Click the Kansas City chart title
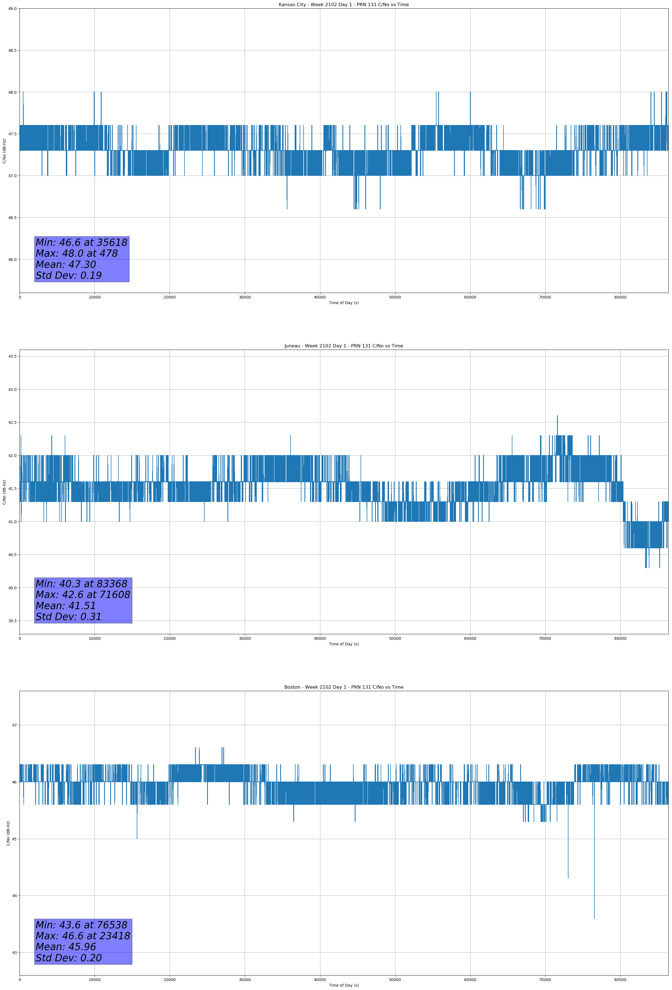(x=344, y=5)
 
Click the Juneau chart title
(x=344, y=346)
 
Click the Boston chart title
(x=344, y=687)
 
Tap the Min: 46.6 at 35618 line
(x=81, y=242)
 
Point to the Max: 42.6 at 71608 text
(x=83, y=595)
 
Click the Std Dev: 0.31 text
(x=69, y=617)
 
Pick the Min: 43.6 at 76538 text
(x=81, y=925)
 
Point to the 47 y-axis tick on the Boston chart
(x=14, y=725)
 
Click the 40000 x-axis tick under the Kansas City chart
(x=320, y=297)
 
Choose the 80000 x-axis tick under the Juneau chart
(x=620, y=638)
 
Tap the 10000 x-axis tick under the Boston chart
(x=95, y=980)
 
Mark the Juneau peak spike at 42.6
(x=557, y=417)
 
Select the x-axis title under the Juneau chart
(x=344, y=644)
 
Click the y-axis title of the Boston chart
(x=8, y=833)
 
